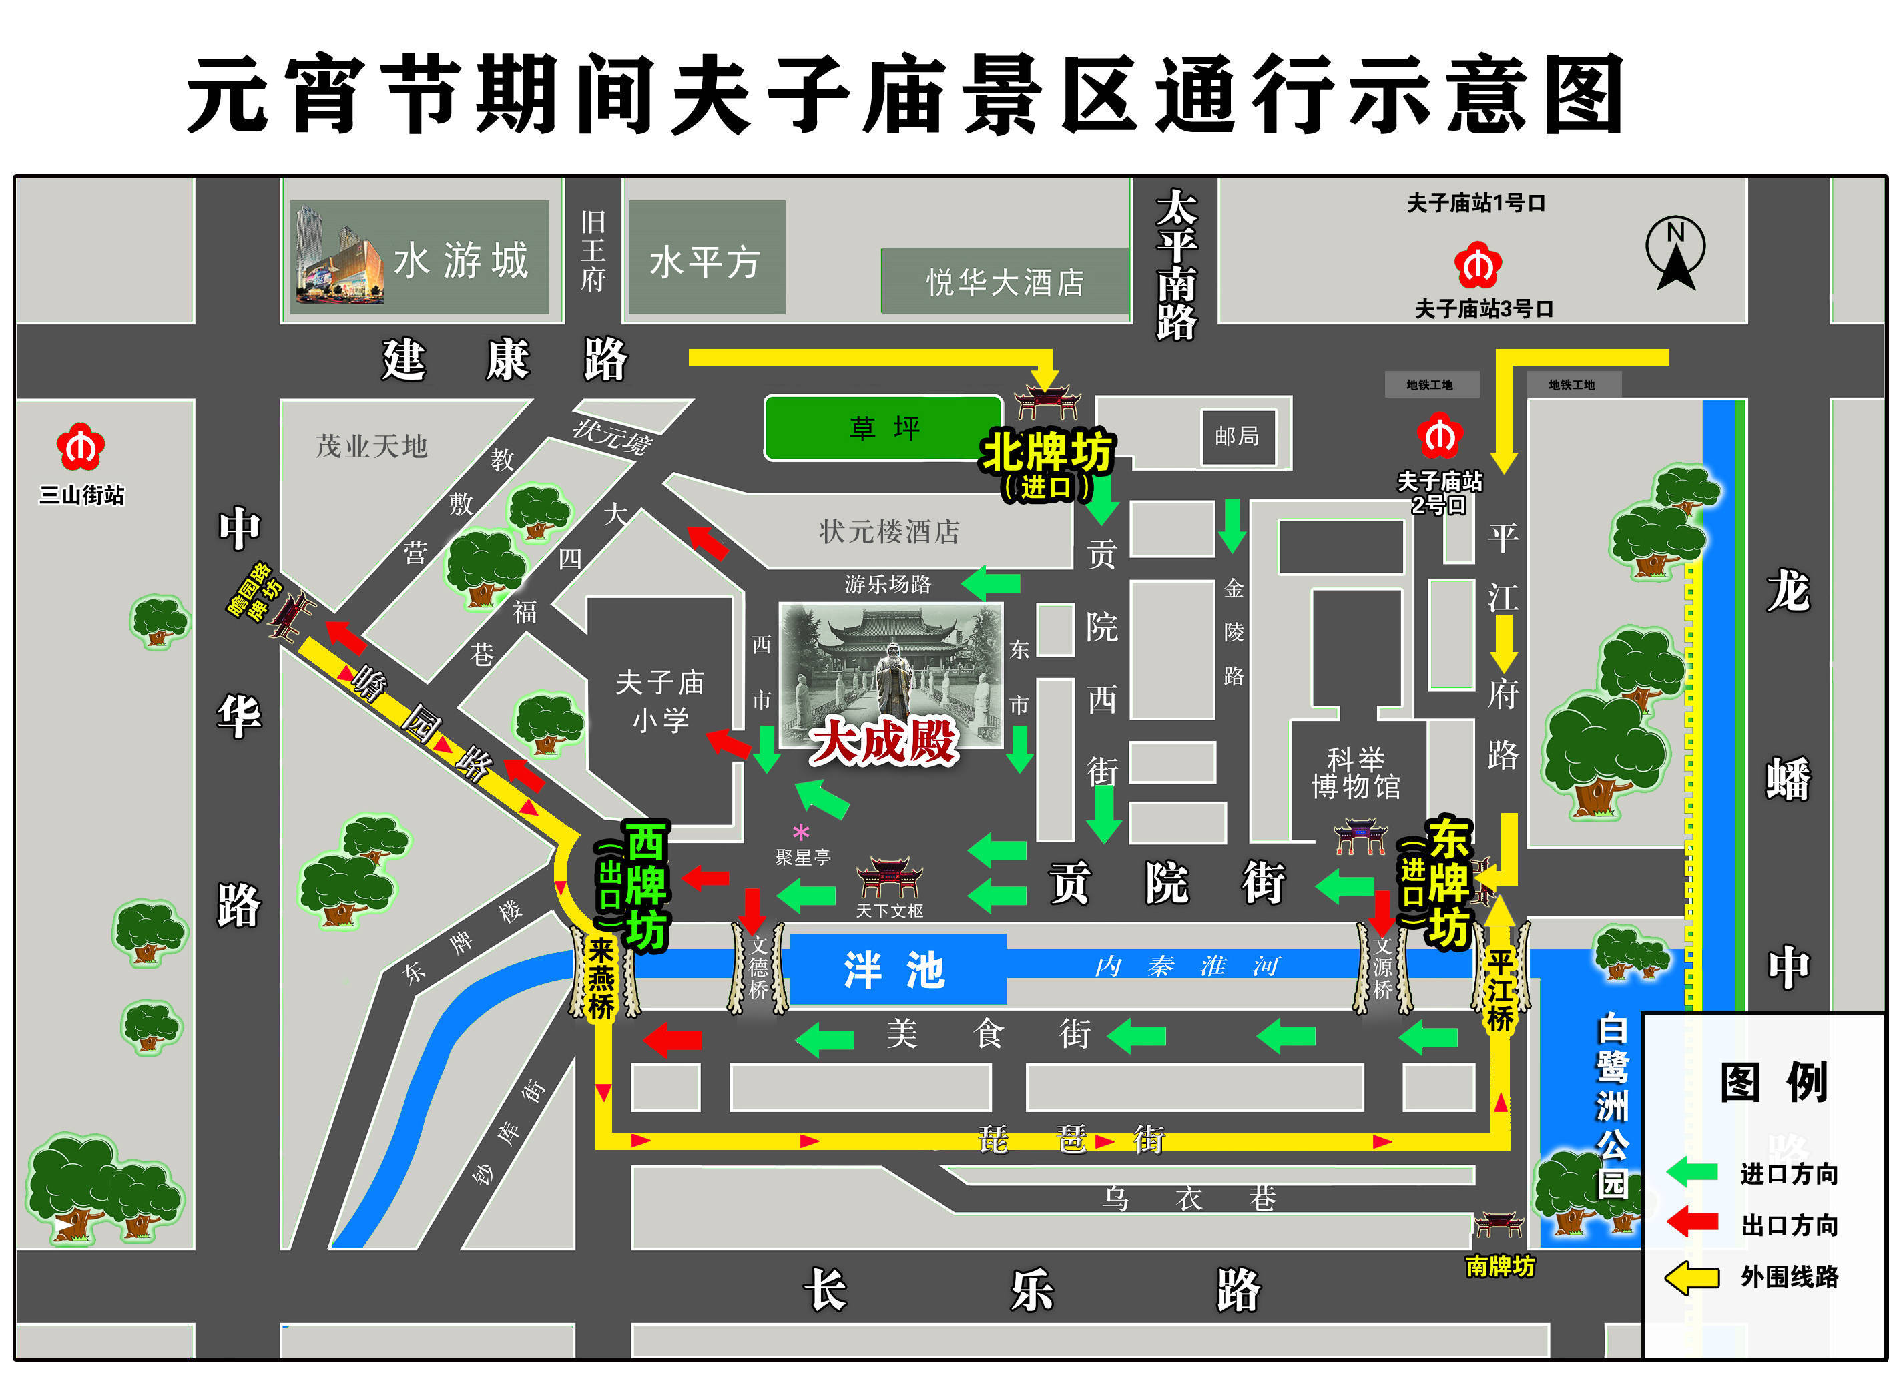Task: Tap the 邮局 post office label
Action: [1237, 437]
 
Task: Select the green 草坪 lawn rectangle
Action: [882, 428]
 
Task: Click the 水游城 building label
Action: [461, 260]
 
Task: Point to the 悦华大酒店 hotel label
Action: [1005, 282]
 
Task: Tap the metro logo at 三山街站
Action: [81, 447]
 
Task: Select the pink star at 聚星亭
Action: [801, 833]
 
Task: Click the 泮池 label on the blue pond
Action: [894, 970]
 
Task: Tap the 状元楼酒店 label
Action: [889, 531]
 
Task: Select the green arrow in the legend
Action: [1691, 1172]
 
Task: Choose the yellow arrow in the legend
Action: [1691, 1277]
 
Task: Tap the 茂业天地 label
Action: [372, 445]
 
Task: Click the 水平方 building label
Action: [705, 262]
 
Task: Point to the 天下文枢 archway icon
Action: [889, 877]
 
